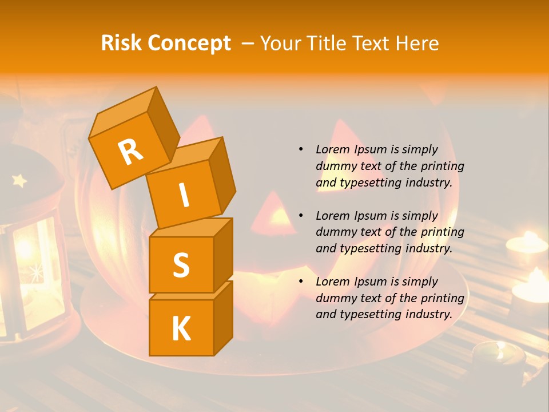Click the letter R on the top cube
point(130,152)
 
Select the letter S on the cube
point(181,265)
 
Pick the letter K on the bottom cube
point(181,328)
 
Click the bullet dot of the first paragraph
point(301,149)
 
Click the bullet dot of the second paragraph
point(301,216)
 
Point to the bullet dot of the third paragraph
point(301,282)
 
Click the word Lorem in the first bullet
point(332,149)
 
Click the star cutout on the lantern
point(19,181)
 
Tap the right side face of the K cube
point(223,318)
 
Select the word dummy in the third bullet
point(336,298)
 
